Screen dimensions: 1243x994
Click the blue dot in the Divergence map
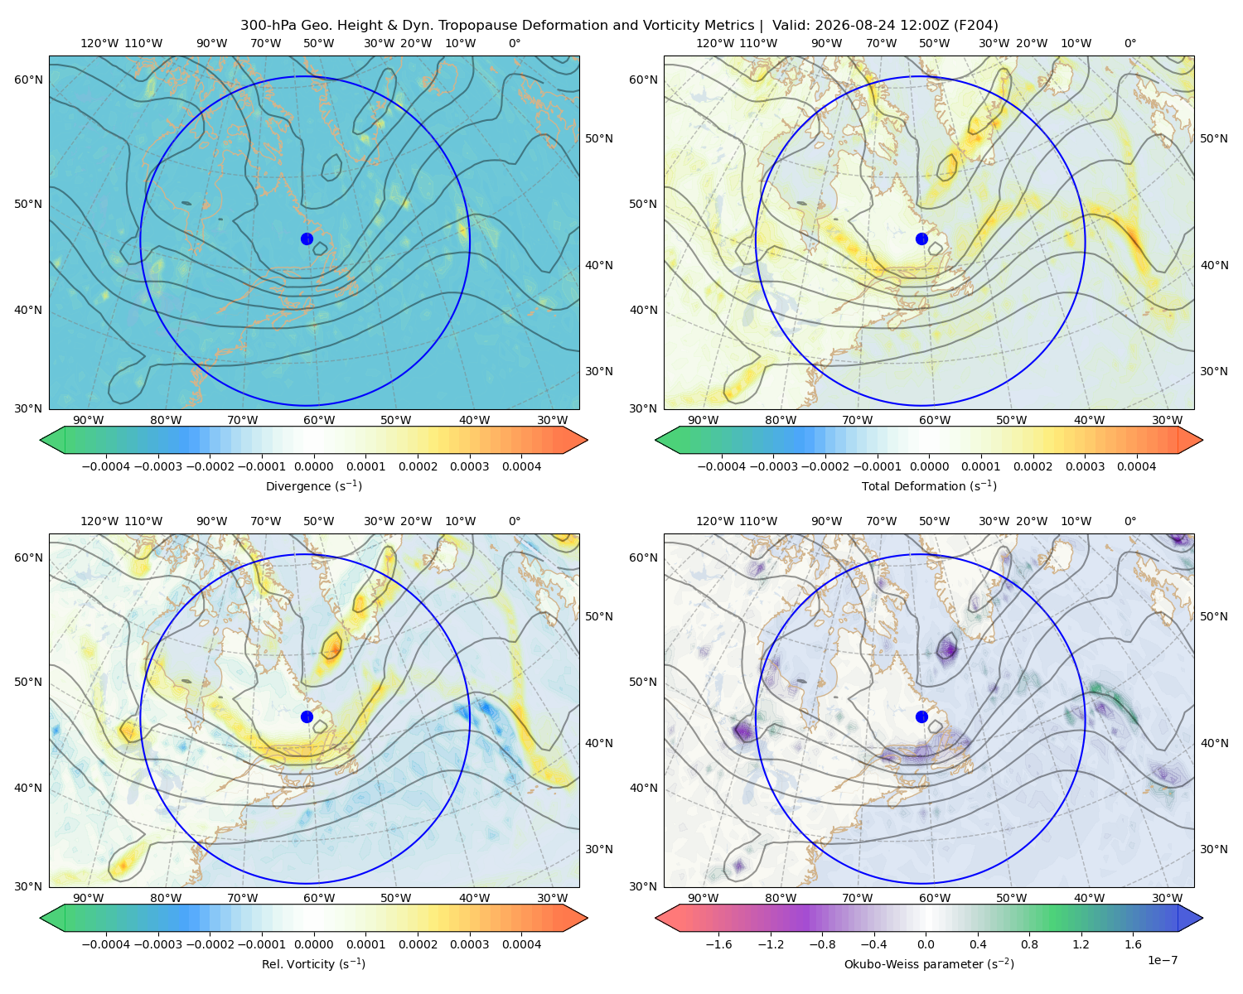click(307, 239)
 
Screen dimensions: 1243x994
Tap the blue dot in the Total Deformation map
click(921, 239)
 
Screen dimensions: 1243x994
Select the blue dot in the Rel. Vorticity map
click(307, 717)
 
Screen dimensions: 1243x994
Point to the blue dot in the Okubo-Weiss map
click(921, 717)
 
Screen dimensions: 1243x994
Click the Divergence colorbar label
click(313, 485)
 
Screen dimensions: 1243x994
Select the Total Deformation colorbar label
click(929, 485)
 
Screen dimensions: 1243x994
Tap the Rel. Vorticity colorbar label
click(313, 964)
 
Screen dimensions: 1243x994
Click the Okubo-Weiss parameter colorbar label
click(929, 964)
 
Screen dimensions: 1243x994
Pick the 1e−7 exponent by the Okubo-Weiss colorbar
click(1162, 960)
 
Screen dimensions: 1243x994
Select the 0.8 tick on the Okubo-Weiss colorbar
click(1029, 944)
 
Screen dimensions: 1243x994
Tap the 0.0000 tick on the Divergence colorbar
click(313, 466)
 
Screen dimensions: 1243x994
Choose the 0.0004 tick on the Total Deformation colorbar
click(1137, 466)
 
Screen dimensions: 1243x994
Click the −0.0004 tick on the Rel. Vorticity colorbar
click(106, 944)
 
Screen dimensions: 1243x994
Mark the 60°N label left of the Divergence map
click(28, 80)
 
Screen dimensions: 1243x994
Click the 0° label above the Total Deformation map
click(1130, 43)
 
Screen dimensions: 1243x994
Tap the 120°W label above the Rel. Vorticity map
click(99, 521)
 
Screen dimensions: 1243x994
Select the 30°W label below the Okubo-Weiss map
click(1168, 898)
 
